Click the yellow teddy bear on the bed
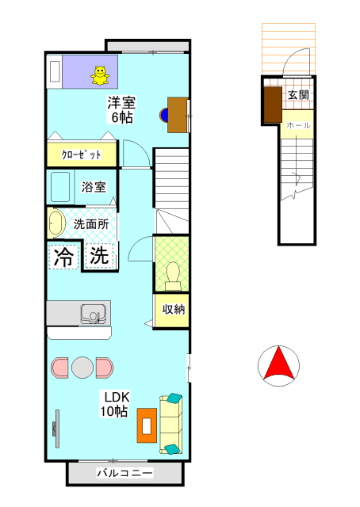(x=100, y=74)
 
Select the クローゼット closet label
(x=82, y=154)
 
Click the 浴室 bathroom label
(x=94, y=188)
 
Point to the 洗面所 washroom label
(x=90, y=224)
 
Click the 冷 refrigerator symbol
(x=63, y=256)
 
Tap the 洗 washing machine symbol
(x=98, y=256)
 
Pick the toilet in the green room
(x=172, y=274)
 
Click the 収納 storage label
(x=174, y=310)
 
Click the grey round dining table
(x=82, y=368)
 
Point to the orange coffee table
(x=146, y=425)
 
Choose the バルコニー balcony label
(x=124, y=473)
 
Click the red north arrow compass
(x=278, y=365)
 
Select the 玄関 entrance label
(x=298, y=95)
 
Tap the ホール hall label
(x=298, y=125)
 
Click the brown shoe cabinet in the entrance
(x=273, y=104)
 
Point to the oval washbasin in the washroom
(x=56, y=223)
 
